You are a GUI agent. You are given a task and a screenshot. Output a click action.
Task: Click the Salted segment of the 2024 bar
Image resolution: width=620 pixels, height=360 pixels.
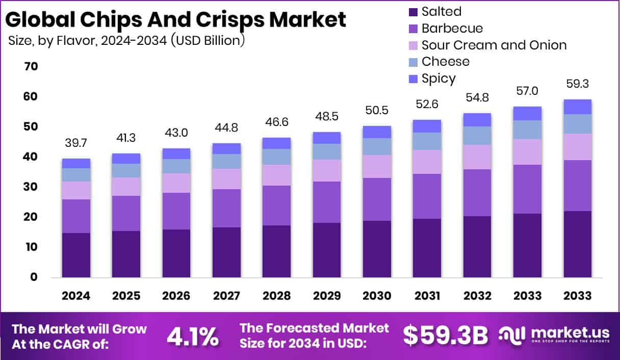(76, 255)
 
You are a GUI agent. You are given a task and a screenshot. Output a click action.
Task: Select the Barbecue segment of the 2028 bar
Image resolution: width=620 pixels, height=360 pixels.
(276, 205)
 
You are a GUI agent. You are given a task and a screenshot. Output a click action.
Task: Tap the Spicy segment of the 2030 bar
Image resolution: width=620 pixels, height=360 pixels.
(376, 132)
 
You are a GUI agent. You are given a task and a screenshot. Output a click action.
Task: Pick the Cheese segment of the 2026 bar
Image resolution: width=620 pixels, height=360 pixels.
(176, 166)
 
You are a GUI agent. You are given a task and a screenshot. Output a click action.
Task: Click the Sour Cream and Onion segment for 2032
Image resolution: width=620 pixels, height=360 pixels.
(476, 157)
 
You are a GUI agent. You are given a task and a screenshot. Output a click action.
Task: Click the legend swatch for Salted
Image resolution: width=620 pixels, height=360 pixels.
(412, 12)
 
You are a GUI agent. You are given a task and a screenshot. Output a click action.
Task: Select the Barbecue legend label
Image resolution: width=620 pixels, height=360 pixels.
(452, 28)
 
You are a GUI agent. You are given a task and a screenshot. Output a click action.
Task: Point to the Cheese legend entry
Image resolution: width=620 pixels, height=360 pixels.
(445, 62)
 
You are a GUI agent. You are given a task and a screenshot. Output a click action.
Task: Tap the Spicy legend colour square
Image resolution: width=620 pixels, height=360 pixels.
(412, 79)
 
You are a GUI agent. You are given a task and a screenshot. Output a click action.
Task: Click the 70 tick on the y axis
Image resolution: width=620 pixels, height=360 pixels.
(31, 67)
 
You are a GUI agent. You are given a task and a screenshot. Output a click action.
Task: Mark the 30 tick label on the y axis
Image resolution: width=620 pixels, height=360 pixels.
(31, 187)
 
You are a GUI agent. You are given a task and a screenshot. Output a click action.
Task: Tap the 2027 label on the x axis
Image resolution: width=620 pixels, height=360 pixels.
(226, 296)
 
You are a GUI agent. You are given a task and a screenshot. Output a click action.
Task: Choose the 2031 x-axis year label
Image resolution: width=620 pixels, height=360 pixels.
(426, 296)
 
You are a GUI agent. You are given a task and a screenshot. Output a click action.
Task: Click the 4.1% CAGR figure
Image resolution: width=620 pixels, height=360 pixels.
(193, 337)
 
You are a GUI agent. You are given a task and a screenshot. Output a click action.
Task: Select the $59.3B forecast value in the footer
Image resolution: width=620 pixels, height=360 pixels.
(445, 336)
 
